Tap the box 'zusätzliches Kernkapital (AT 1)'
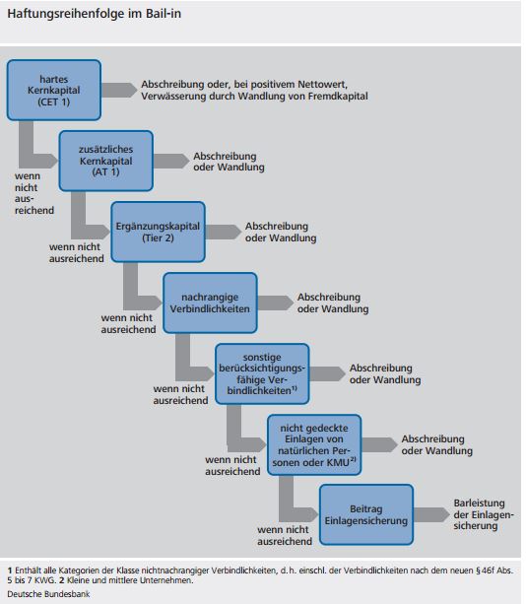(x=105, y=160)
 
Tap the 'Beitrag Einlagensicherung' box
(x=366, y=513)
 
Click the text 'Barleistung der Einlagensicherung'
(x=480, y=513)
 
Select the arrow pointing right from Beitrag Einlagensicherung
(x=430, y=513)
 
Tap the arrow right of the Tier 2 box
(x=223, y=231)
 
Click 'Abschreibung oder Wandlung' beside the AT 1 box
(x=229, y=161)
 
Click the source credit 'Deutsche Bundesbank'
(x=42, y=594)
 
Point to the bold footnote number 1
(x=9, y=570)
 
